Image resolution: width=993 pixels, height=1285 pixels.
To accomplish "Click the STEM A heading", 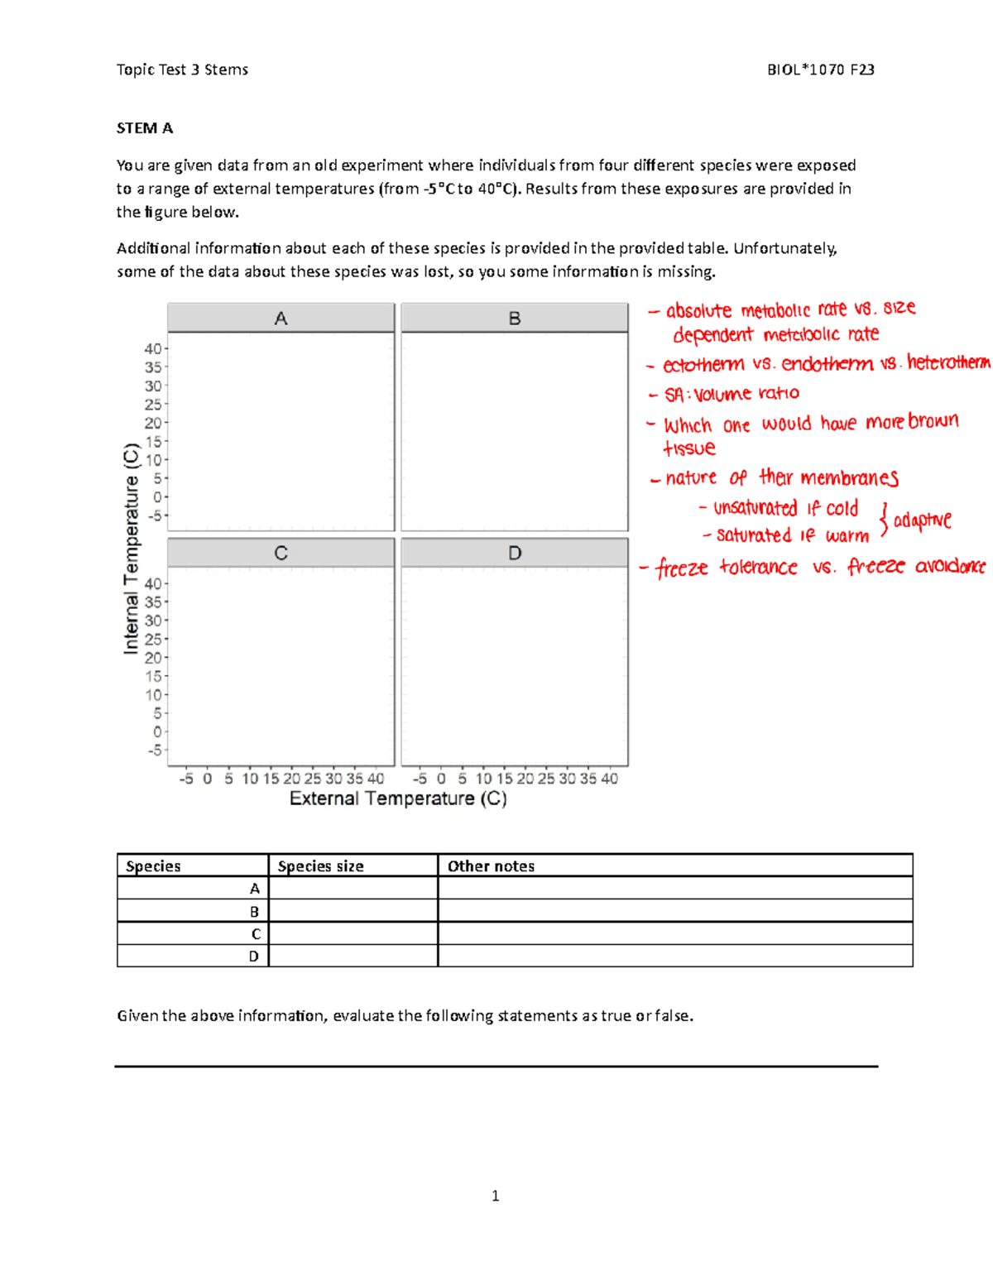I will (x=145, y=128).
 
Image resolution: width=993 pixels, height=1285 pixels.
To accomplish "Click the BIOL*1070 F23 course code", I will (x=820, y=70).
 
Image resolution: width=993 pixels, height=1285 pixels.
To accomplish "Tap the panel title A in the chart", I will (x=281, y=319).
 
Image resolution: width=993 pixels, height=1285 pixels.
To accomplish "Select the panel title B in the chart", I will (x=515, y=319).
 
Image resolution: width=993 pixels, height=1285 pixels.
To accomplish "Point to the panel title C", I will (x=281, y=553).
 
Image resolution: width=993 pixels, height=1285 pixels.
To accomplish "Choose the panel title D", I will (x=515, y=553).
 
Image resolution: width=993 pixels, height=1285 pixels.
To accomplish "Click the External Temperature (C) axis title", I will (x=398, y=798).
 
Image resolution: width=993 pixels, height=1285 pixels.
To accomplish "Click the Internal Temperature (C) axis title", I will (x=132, y=549).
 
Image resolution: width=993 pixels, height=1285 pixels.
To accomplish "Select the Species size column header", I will (x=320, y=866).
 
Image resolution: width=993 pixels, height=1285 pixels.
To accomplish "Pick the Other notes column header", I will (x=491, y=866).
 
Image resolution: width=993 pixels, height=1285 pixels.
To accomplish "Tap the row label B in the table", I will (x=255, y=912).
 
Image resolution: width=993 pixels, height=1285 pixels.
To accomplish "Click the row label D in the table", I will (x=254, y=957).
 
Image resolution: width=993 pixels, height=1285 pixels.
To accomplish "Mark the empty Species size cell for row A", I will (x=353, y=889).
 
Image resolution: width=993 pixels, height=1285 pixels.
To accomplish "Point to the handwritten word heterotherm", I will (x=948, y=362).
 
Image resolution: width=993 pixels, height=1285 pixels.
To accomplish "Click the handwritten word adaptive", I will (x=922, y=520).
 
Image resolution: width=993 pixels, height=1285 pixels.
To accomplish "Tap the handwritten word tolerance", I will (x=758, y=568).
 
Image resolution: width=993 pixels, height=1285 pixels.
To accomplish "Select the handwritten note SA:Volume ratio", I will (x=732, y=394).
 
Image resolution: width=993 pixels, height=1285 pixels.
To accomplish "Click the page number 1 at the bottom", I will (x=495, y=1196).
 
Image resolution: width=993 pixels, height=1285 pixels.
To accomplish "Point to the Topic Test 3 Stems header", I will (x=182, y=70).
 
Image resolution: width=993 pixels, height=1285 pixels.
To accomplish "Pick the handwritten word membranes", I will (x=849, y=478).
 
